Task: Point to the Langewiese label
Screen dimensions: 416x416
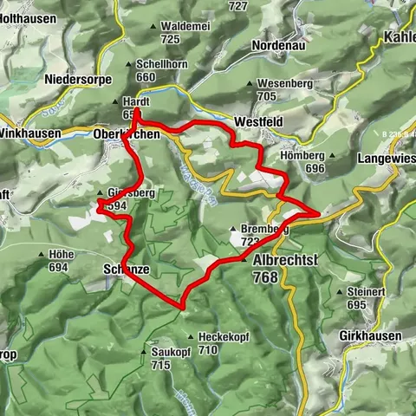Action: pyautogui.click(x=385, y=159)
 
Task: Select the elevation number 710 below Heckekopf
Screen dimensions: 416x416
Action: pyautogui.click(x=207, y=350)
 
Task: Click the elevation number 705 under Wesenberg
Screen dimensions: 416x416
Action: pyautogui.click(x=266, y=96)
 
